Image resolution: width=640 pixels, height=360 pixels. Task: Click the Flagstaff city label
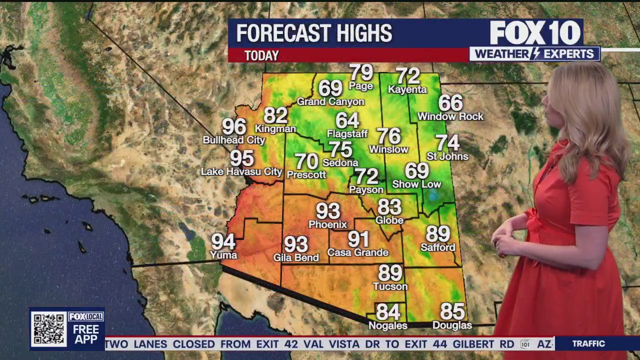coord(347,134)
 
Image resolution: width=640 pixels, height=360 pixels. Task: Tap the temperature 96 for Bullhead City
coord(234,127)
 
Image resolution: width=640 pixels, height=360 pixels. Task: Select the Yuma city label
coord(223,255)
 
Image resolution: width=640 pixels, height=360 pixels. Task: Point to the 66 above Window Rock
coord(450,102)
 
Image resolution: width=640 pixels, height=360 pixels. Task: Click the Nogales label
coord(387,325)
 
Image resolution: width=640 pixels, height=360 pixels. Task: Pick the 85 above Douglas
coord(452,311)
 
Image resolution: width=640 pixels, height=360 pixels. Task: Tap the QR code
coord(48,328)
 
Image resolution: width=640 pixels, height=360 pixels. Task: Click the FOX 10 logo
coord(535,33)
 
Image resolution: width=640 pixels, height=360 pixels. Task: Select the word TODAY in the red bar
coord(261,56)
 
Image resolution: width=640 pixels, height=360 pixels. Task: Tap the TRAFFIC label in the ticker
coord(588,343)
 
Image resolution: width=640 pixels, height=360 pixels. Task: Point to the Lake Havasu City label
coord(241,172)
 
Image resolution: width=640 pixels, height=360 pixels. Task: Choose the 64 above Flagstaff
coord(347,120)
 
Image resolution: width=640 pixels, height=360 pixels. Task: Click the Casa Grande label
coord(357,252)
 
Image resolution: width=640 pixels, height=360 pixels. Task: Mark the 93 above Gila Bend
coord(296,244)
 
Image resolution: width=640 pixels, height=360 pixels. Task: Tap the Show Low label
coord(416,184)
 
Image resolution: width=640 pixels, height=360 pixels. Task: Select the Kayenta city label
coord(407,90)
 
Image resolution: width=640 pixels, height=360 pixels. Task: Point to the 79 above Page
coord(361,72)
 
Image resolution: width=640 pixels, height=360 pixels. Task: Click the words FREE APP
coord(85,334)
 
